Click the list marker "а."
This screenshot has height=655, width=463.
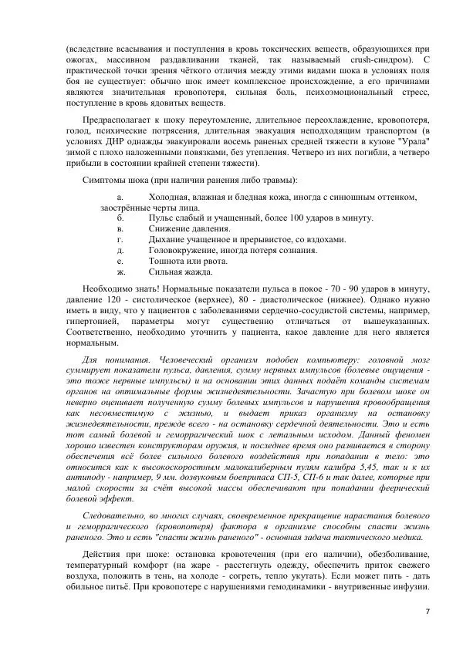pyautogui.click(x=120, y=198)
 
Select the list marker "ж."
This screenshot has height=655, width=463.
pyautogui.click(x=120, y=271)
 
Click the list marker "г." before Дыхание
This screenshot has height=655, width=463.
pyautogui.click(x=120, y=239)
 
